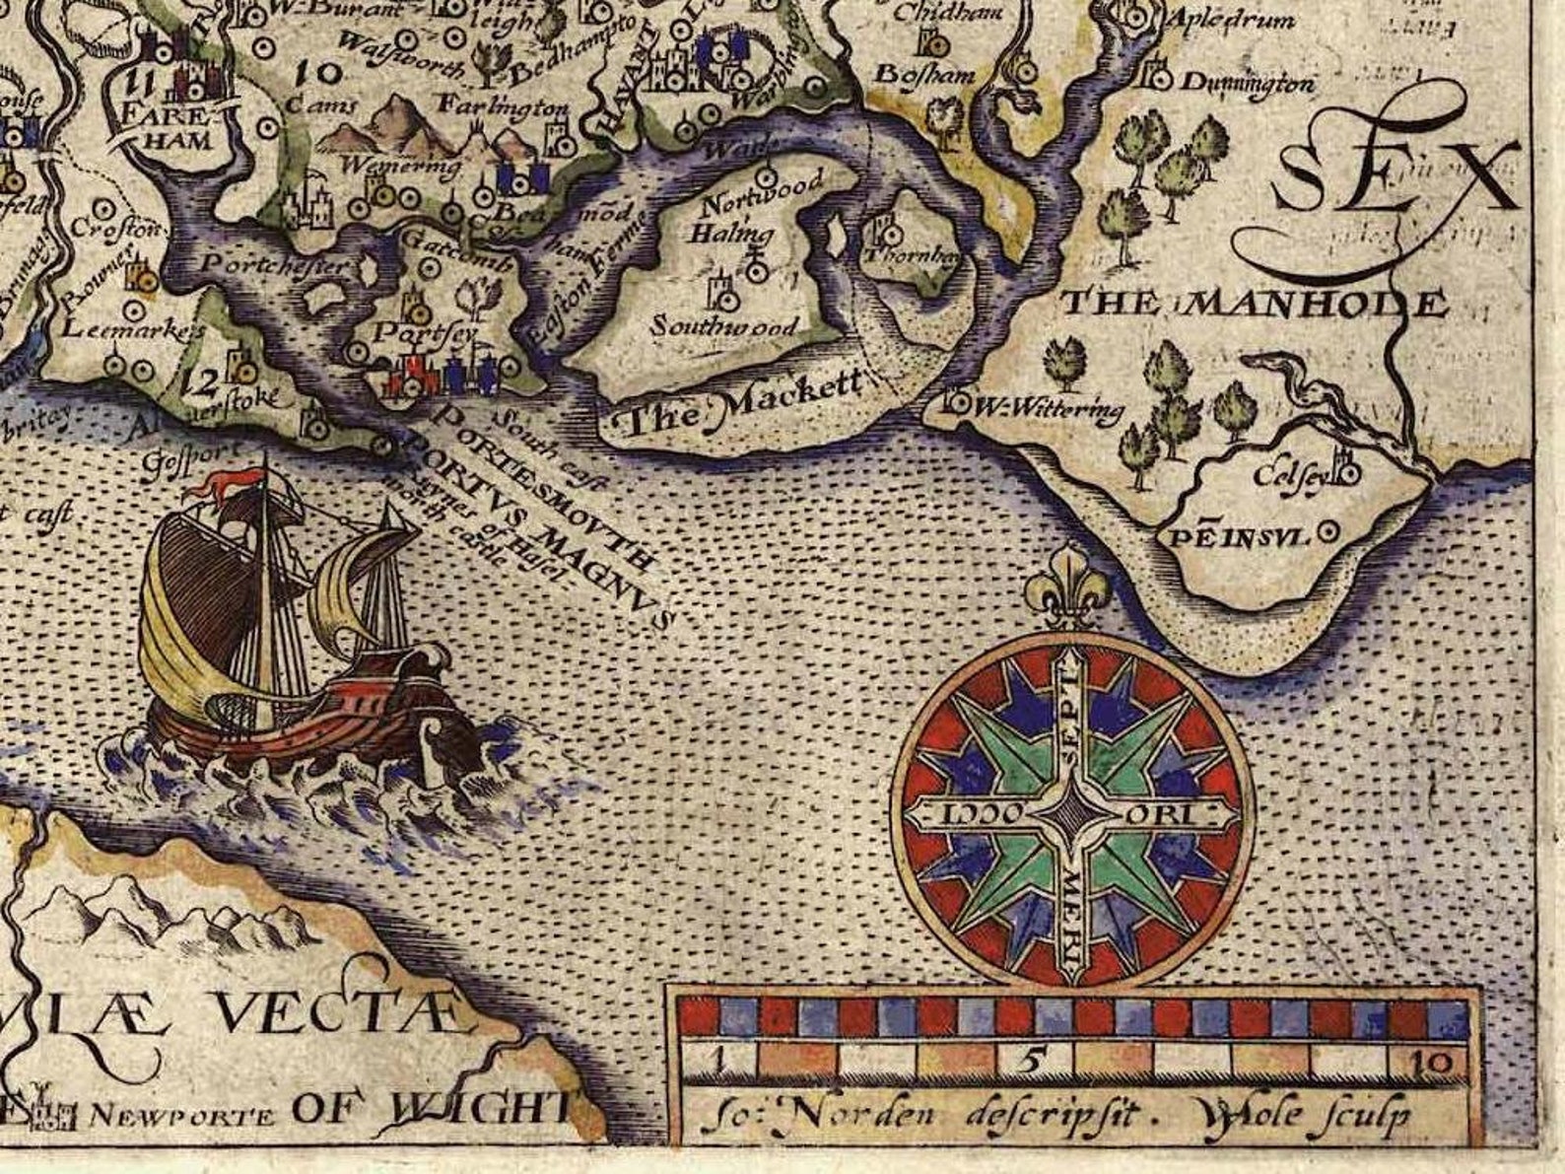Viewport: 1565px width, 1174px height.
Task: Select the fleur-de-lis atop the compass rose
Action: pos(1067,587)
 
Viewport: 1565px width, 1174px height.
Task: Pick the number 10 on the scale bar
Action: pos(1436,1063)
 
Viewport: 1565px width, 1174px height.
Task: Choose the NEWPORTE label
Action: pos(181,1116)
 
